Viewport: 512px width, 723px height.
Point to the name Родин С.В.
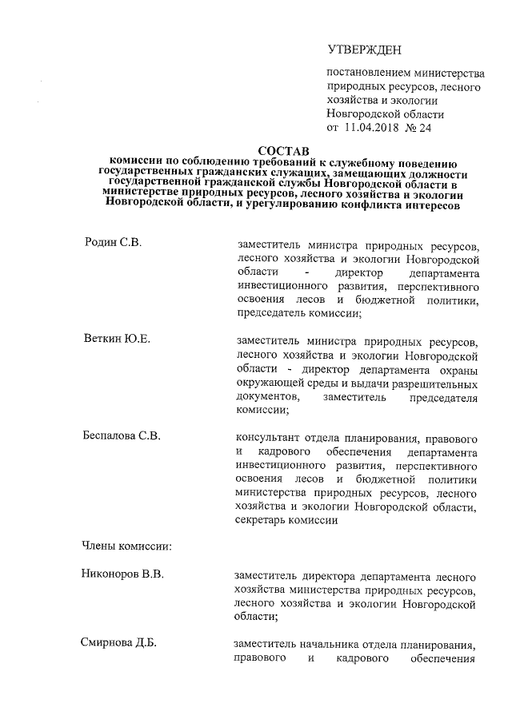click(x=113, y=242)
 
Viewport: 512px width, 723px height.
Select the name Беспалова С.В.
click(x=122, y=436)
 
